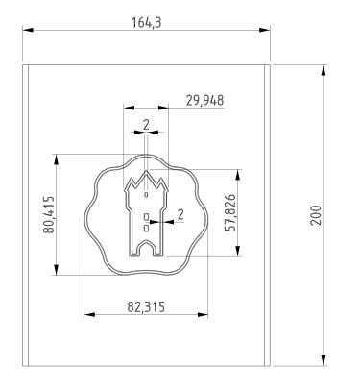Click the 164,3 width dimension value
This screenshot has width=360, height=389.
click(x=147, y=23)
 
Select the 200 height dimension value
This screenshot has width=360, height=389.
click(x=316, y=215)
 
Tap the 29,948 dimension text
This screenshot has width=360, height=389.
click(x=204, y=100)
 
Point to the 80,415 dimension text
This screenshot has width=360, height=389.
click(x=49, y=214)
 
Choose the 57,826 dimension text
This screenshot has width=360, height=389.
click(x=230, y=212)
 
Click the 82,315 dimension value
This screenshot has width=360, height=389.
click(x=146, y=306)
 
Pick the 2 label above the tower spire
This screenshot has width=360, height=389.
click(x=146, y=125)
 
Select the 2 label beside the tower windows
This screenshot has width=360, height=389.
click(x=180, y=214)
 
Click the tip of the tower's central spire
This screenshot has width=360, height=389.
click(x=147, y=171)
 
